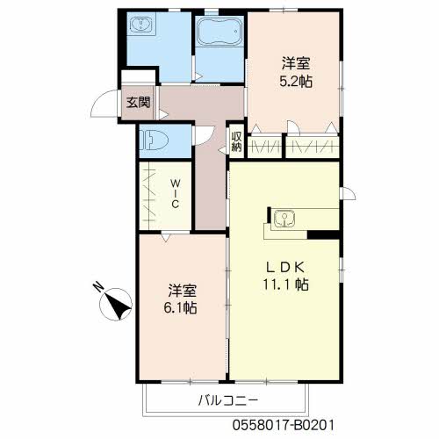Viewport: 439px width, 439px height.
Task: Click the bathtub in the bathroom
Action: [x=219, y=32]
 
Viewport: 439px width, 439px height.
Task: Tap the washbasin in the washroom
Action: [x=140, y=24]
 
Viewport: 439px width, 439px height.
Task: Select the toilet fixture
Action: [x=154, y=140]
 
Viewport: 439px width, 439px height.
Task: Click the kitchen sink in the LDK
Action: [x=284, y=219]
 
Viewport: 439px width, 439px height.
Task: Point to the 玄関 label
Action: [x=138, y=103]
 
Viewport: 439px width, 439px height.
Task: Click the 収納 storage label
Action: [x=236, y=141]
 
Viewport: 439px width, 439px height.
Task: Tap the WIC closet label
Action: [x=175, y=193]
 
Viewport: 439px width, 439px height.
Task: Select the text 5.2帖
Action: [x=296, y=82]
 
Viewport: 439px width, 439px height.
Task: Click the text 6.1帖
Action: [x=180, y=308]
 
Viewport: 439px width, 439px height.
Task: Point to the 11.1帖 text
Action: [x=285, y=284]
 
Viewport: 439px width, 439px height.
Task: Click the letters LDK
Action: [x=285, y=267]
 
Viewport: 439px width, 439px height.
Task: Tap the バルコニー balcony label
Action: [x=228, y=400]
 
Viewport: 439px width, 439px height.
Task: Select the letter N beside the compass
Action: [x=99, y=287]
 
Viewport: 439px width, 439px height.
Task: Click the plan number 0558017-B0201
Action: [x=283, y=425]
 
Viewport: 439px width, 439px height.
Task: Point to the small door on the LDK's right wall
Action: [x=348, y=194]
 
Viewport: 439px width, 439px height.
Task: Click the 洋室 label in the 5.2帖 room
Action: [x=296, y=63]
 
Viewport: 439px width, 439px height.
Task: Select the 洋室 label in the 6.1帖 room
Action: [x=182, y=291]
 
